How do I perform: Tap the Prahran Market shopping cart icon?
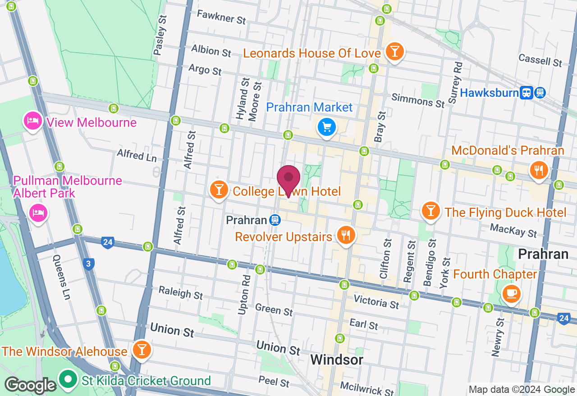pos(327,127)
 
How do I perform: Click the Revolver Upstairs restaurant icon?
pos(346,235)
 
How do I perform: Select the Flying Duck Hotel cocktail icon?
pos(430,211)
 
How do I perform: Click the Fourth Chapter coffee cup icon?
pos(511,293)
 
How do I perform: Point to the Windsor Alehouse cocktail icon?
pos(142,349)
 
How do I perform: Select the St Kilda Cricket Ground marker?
pos(68,379)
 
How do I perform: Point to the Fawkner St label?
pos(221,18)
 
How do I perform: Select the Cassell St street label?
pos(540,60)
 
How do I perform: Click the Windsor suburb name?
pos(337,360)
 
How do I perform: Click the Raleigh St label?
pos(181,292)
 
